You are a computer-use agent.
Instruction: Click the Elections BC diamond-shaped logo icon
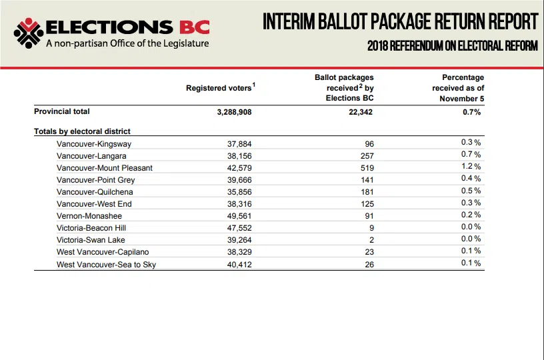click(x=29, y=33)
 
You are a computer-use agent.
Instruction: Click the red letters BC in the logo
click(x=195, y=27)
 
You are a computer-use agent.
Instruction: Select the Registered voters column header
click(x=221, y=87)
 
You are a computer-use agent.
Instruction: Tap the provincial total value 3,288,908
click(x=234, y=112)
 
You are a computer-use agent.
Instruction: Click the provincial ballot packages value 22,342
click(x=361, y=112)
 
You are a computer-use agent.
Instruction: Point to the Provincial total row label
click(x=62, y=111)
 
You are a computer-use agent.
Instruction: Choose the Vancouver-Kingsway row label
click(x=94, y=144)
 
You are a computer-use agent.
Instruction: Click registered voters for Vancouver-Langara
click(x=239, y=156)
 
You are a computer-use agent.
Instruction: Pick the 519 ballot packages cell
click(x=367, y=168)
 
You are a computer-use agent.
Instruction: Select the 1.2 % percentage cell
click(x=471, y=167)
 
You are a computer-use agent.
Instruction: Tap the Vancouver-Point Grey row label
click(x=96, y=180)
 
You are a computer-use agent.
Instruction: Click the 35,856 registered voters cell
click(x=239, y=192)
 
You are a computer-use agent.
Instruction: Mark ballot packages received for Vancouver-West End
click(x=367, y=204)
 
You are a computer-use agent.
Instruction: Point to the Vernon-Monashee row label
click(x=89, y=216)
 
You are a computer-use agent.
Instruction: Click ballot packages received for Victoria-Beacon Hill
click(x=371, y=228)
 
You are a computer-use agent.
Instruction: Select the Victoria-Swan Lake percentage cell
click(x=471, y=239)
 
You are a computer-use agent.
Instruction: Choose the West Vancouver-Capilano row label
click(x=103, y=252)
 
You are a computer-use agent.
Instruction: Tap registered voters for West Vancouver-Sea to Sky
click(x=239, y=264)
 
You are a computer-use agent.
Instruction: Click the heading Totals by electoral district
click(x=82, y=131)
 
